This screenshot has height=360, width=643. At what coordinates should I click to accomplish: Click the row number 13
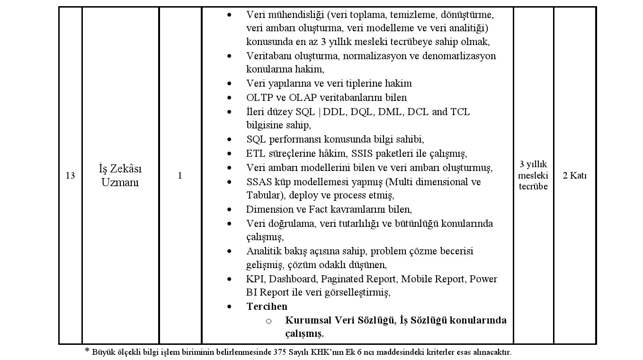pyautogui.click(x=70, y=176)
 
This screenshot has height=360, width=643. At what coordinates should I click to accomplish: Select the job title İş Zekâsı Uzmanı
pyautogui.click(x=120, y=176)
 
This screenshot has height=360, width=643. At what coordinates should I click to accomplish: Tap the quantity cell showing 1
pyautogui.click(x=180, y=176)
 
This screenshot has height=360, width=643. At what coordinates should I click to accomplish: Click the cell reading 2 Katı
pyautogui.click(x=574, y=176)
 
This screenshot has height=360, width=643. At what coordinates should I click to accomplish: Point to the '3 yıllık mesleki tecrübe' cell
pyautogui.click(x=533, y=175)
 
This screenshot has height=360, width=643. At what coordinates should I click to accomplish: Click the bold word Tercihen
pyautogui.click(x=267, y=306)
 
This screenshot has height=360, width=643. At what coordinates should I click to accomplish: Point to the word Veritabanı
pyautogui.click(x=268, y=56)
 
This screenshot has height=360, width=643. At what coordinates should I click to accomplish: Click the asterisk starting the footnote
pyautogui.click(x=87, y=351)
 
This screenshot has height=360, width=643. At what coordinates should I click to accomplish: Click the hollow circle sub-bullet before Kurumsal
pyautogui.click(x=268, y=321)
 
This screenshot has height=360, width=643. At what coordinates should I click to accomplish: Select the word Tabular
pyautogui.click(x=262, y=196)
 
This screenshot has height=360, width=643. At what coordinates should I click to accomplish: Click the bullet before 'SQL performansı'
pyautogui.click(x=230, y=140)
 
